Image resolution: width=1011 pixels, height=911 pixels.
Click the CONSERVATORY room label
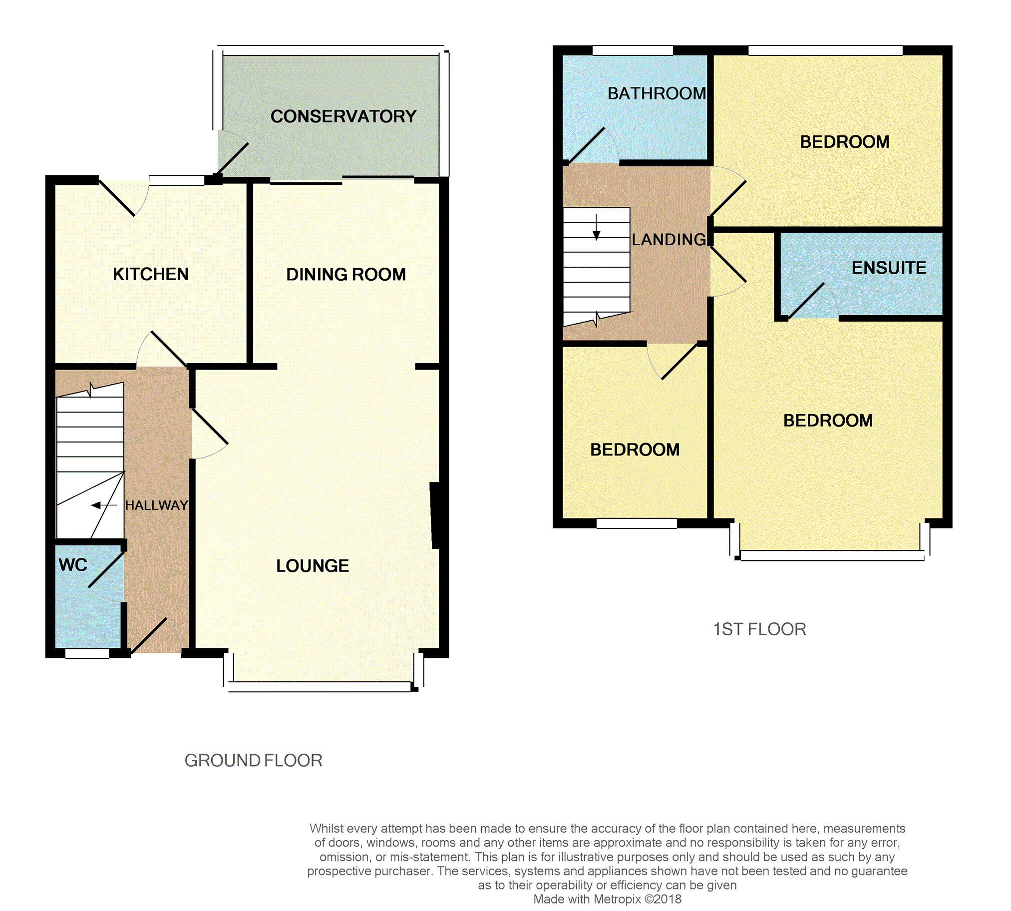pos(343,116)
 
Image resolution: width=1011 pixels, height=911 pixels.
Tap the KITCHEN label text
pos(151,274)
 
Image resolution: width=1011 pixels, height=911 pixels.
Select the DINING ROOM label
pos(345,274)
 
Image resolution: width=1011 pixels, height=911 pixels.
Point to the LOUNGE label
pos(313,565)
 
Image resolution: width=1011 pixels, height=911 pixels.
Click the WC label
pos(73,565)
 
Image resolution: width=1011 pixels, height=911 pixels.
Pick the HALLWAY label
pos(157,505)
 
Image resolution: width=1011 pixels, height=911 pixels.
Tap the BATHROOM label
pos(657,93)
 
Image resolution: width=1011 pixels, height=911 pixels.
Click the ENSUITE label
pos(889,268)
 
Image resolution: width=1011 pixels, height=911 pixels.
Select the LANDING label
pos(669,240)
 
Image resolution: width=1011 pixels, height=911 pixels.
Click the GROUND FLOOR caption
pos(253,761)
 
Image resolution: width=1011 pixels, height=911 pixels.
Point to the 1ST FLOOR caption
pos(759,629)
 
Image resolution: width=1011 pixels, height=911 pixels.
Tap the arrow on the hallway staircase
pos(104,505)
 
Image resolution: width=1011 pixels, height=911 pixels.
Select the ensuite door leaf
pos(806,301)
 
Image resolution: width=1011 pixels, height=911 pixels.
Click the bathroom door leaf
pos(586,146)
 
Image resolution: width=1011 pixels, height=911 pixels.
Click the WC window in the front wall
pos(87,653)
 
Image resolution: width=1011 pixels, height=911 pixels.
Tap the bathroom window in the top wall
pos(633,50)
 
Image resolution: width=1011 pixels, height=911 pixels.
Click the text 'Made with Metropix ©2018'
pos(607,899)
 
